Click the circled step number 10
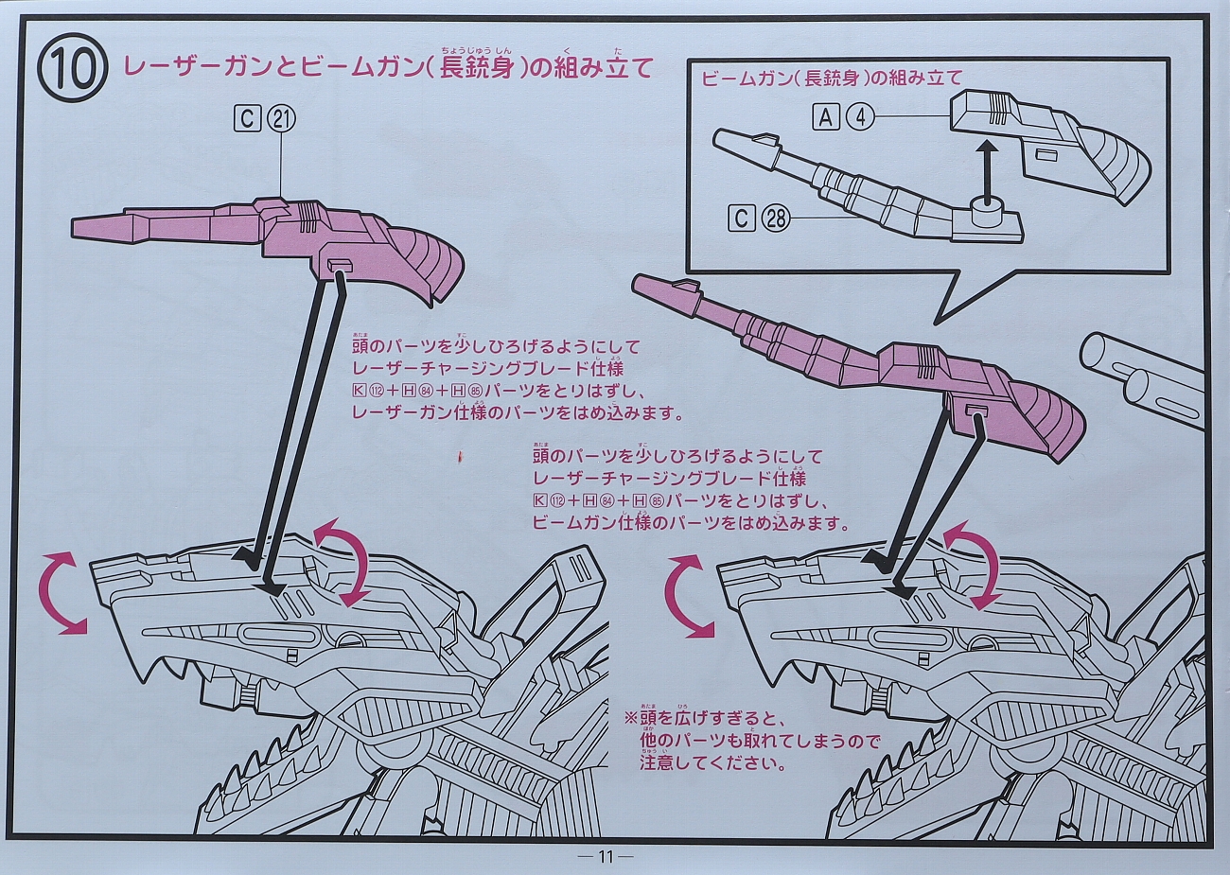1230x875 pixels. [x=71, y=71]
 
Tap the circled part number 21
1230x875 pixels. [x=281, y=118]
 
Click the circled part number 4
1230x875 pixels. [x=860, y=116]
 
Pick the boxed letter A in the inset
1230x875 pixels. [x=826, y=116]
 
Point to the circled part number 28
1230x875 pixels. [x=775, y=219]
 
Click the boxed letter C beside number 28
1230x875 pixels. [x=742, y=219]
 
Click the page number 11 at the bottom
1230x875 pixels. [x=606, y=857]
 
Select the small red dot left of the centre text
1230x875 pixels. [x=460, y=458]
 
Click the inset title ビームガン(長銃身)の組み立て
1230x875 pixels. [x=832, y=79]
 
